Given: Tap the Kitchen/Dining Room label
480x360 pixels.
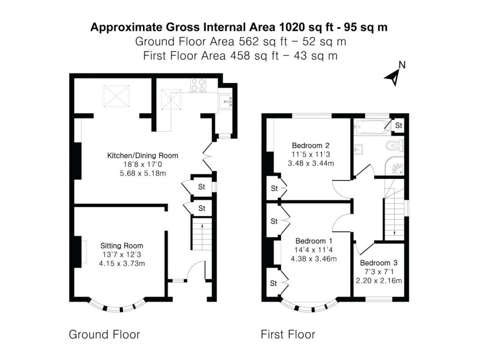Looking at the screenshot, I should [142, 156].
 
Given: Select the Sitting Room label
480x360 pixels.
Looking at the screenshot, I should [121, 246].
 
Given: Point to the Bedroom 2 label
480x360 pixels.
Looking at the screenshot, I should [309, 144].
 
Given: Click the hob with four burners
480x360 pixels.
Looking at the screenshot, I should [197, 85].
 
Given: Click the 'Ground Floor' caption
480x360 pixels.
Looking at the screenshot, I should [104, 335].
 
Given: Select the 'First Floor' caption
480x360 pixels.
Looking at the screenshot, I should [288, 335].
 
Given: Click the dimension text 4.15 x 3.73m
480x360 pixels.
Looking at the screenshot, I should [121, 263].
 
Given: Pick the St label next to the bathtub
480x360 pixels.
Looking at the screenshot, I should [398, 126].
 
